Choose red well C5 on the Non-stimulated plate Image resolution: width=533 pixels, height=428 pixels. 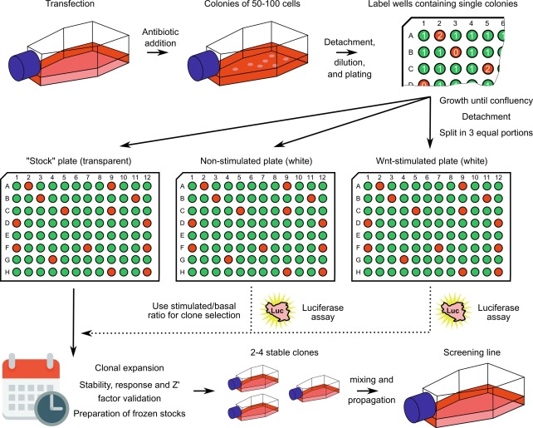click(239, 212)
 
